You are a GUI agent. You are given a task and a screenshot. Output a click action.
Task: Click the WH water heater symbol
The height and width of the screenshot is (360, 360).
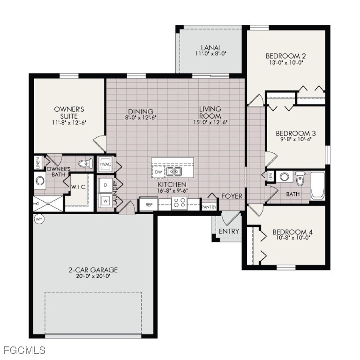[38, 219]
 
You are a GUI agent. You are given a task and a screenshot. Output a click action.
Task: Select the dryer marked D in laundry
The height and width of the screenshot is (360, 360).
[105, 185]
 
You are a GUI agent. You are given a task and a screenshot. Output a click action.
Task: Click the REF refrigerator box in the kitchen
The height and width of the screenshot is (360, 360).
[149, 205]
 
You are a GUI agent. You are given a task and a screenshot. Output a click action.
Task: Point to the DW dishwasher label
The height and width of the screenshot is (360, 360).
[158, 172]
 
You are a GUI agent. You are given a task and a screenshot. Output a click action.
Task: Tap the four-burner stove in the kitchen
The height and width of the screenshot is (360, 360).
[179, 203]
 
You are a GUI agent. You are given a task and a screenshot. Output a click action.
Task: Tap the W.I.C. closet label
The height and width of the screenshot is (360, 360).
[77, 187]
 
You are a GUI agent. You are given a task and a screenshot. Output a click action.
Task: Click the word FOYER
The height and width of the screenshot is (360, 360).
[232, 196]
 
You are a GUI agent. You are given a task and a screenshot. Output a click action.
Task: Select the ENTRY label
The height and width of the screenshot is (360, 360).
[229, 231]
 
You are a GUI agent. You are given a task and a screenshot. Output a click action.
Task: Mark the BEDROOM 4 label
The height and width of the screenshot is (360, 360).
[292, 232]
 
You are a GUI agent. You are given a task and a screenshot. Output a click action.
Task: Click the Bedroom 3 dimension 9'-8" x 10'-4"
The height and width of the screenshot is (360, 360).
[295, 140]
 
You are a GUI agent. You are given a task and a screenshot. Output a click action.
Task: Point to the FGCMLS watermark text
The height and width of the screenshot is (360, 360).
[24, 350]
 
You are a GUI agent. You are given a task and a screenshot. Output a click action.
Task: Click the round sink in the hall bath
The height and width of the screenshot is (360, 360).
[284, 177]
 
